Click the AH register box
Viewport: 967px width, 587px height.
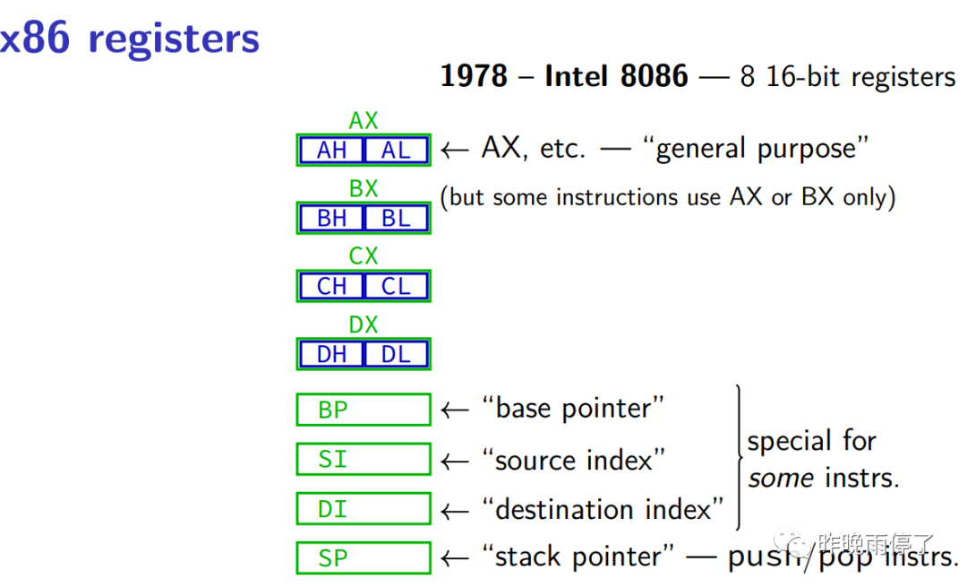pos(331,150)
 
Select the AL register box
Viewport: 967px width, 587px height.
pos(396,150)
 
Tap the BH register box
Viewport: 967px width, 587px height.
pos(331,218)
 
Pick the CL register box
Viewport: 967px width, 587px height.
pos(396,287)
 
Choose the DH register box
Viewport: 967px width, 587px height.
pos(331,354)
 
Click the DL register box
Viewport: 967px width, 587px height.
pos(396,354)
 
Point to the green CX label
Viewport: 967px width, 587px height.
pos(364,256)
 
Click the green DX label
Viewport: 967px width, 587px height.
pos(364,324)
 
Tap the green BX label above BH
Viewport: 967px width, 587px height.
pos(364,188)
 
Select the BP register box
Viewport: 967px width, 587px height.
pos(364,410)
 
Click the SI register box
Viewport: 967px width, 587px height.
pos(364,459)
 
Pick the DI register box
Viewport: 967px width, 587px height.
pos(364,509)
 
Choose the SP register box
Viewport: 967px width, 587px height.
pos(364,558)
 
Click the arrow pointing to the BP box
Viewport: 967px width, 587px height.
pos(455,410)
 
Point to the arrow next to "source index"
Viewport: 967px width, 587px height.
pos(455,461)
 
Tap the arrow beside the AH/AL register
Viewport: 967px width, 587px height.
pos(455,150)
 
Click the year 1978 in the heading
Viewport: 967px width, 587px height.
pos(474,76)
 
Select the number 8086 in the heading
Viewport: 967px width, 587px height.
pos(654,76)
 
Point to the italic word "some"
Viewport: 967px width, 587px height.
pos(781,479)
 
